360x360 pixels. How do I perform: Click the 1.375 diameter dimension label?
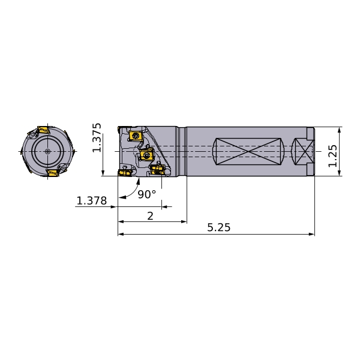97,137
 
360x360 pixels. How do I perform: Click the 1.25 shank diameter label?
332,156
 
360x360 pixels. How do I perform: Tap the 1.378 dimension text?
92,200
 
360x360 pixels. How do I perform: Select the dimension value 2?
150,216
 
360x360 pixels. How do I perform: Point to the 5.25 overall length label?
219,227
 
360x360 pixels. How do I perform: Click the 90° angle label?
147,194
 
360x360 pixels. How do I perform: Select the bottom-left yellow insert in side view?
125,173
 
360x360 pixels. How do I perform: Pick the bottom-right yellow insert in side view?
157,170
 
